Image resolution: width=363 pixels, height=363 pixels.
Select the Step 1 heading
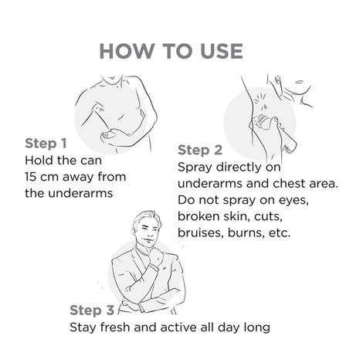pyautogui.click(x=46, y=144)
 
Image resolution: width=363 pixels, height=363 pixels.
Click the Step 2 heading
pyautogui.click(x=200, y=151)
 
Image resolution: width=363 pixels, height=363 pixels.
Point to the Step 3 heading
pyautogui.click(x=92, y=310)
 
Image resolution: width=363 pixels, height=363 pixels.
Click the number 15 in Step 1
pyautogui.click(x=31, y=177)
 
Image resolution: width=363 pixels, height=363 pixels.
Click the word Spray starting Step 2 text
pyautogui.click(x=195, y=168)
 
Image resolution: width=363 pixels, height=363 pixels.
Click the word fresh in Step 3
pyautogui.click(x=115, y=327)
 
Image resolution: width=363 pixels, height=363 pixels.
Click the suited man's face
pyautogui.click(x=146, y=230)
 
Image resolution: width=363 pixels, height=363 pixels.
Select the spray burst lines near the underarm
pyautogui.click(x=260, y=101)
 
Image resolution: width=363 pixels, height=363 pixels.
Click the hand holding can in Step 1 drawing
pyautogui.click(x=111, y=136)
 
